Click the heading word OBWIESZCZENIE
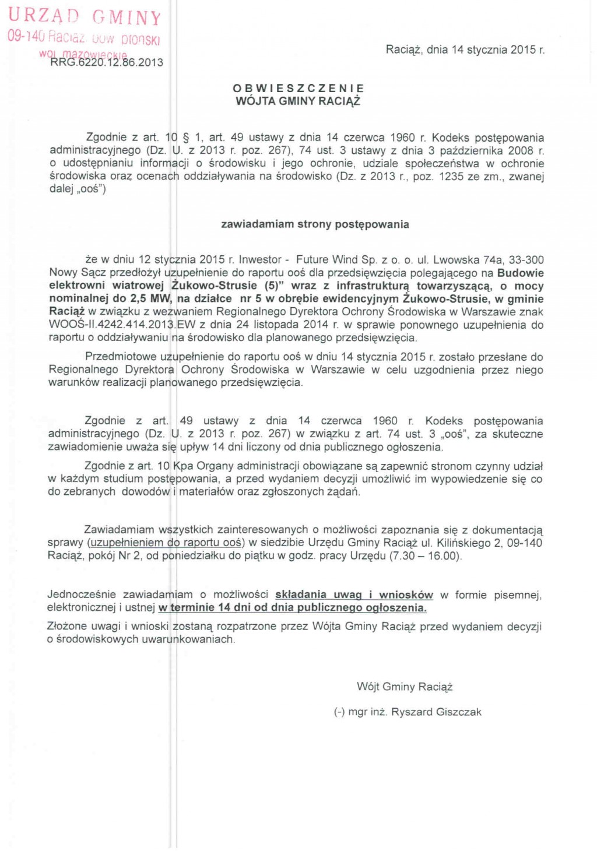point(298,88)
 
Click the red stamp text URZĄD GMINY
point(85,16)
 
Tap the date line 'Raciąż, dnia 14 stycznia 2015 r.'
point(465,50)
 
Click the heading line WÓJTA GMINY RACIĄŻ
point(298,101)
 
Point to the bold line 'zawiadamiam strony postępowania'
point(315,224)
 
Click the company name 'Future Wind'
point(327,260)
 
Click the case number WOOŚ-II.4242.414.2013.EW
point(121,324)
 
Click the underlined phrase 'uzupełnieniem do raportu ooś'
point(166,543)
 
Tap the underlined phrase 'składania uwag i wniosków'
point(354,595)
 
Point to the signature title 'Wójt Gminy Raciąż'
point(405,687)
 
